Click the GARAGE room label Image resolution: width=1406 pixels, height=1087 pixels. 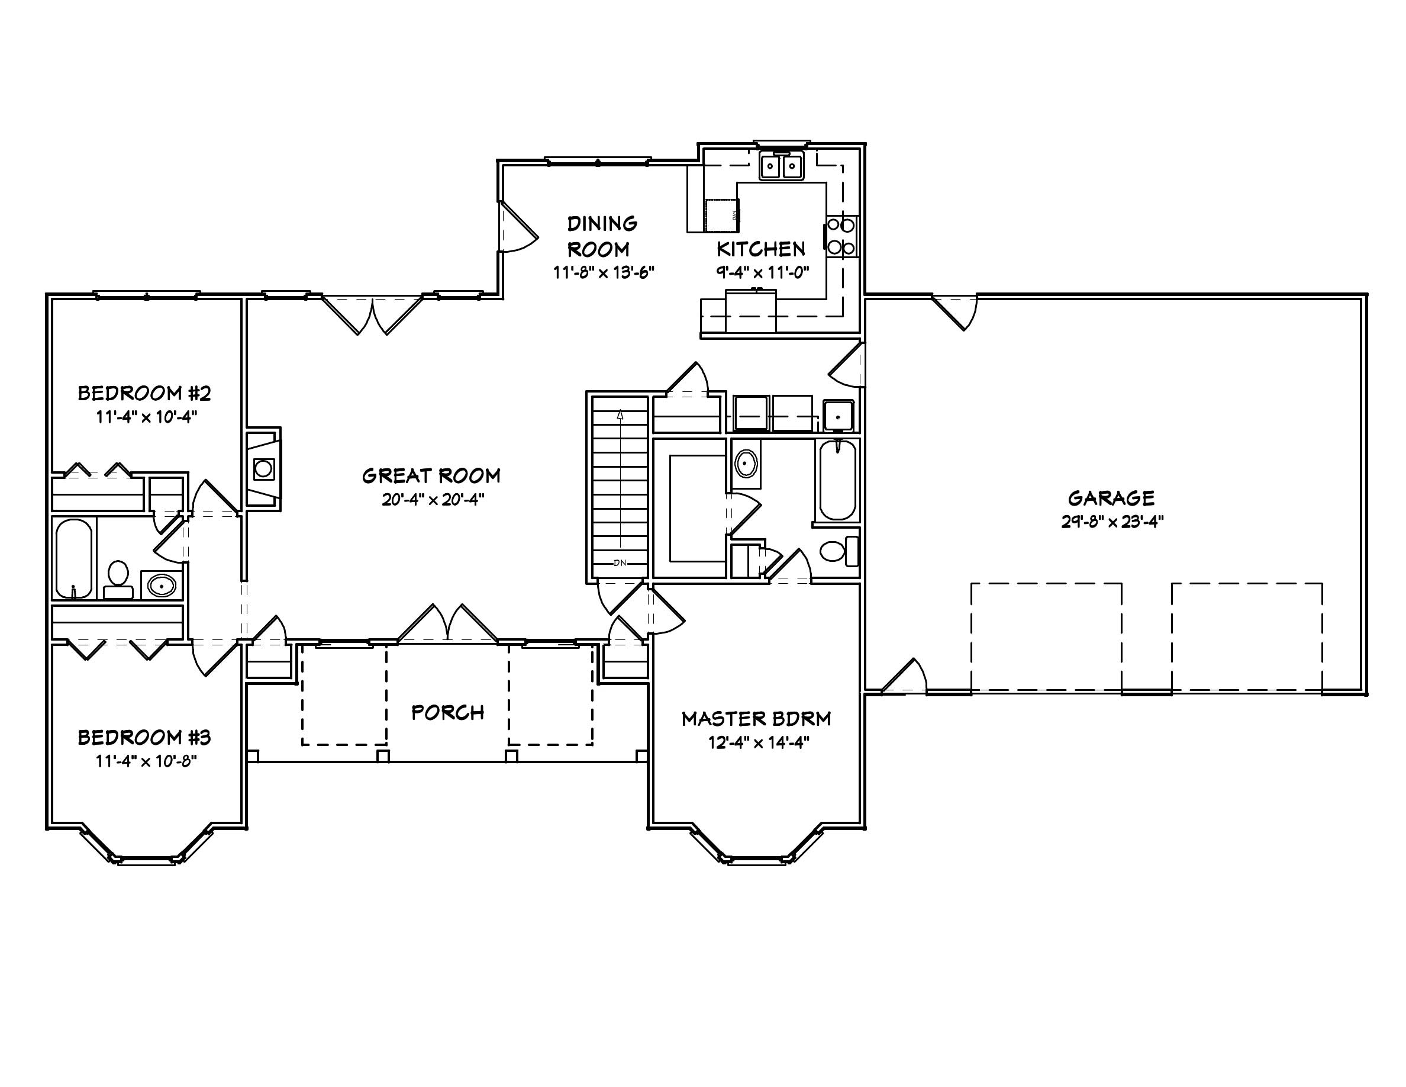pos(1111,498)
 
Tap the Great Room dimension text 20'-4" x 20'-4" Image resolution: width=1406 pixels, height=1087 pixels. pos(433,500)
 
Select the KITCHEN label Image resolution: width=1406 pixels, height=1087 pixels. pos(761,249)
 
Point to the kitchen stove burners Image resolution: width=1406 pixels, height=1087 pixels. pos(841,236)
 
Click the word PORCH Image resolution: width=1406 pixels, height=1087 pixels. pos(447,712)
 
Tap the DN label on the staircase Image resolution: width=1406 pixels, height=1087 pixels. pos(620,563)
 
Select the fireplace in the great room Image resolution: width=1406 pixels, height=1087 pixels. pos(263,468)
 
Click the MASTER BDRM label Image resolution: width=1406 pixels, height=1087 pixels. pos(756,719)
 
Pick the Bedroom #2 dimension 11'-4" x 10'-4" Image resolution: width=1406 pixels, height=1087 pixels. pos(146,417)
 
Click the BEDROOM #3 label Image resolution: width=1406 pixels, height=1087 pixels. pos(144,737)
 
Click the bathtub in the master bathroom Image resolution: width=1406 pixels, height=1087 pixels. pos(837,480)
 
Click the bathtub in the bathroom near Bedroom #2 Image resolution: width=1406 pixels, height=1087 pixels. pos(73,558)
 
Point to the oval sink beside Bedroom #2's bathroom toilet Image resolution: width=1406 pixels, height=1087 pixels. pos(161,586)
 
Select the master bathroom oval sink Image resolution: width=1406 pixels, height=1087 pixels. pos(746,464)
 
